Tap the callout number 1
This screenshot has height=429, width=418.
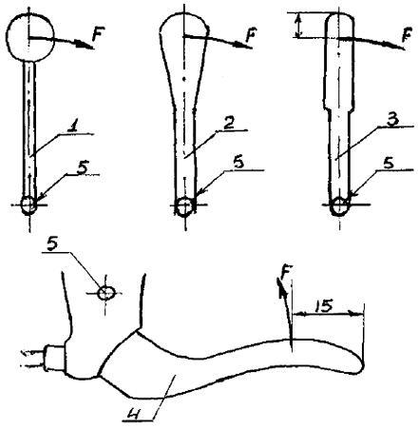(x=75, y=127)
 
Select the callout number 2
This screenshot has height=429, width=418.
(x=229, y=124)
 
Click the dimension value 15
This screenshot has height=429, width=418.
(x=324, y=306)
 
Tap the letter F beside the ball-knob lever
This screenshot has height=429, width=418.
(x=98, y=34)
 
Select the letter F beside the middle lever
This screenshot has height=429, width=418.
(x=251, y=35)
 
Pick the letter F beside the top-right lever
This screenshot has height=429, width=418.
(x=407, y=34)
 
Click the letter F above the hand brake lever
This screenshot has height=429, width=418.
(x=286, y=272)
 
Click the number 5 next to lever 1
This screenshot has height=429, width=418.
(x=83, y=167)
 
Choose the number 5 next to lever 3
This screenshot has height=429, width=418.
(x=389, y=164)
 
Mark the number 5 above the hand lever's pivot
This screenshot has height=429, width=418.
(x=54, y=244)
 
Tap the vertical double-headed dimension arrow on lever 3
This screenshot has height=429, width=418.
(x=297, y=25)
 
